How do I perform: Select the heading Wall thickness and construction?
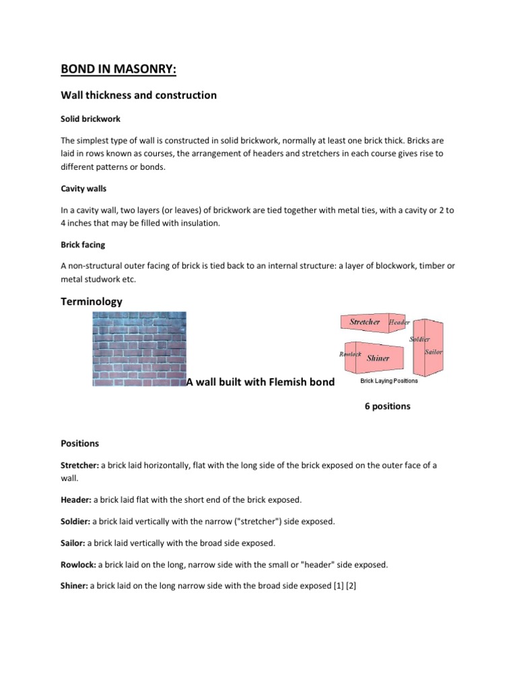tap(139, 95)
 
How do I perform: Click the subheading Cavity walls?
tap(83, 189)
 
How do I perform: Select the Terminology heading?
tap(92, 302)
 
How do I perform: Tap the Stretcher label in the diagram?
tap(364, 322)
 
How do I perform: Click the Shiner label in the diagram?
tap(378, 358)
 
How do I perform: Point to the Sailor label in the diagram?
tap(434, 352)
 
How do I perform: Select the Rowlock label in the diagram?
tap(351, 354)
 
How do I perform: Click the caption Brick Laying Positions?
tap(388, 381)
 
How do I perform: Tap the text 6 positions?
tap(387, 406)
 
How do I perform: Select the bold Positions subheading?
tap(79, 443)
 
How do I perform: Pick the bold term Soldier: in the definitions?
tap(75, 521)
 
